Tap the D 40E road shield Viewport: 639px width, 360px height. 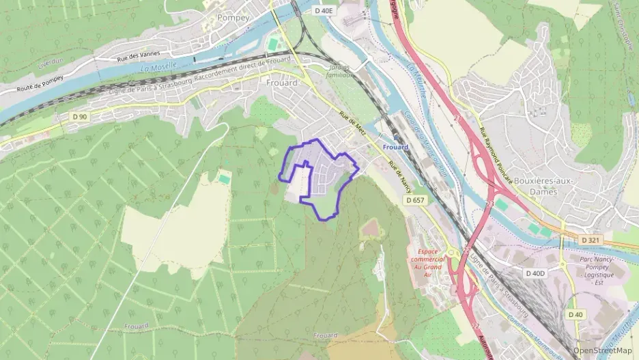click(325, 11)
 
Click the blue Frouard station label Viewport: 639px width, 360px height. click(395, 147)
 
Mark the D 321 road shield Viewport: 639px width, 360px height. click(591, 240)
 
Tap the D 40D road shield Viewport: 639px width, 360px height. click(536, 273)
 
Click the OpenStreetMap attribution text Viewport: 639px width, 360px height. click(603, 350)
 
